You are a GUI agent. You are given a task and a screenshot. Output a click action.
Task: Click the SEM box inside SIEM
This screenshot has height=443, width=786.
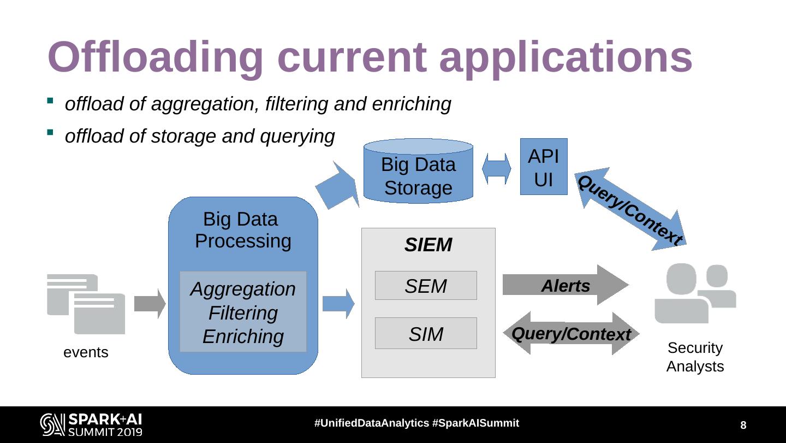pyautogui.click(x=426, y=286)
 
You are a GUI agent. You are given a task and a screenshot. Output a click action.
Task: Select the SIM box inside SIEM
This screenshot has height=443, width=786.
pyautogui.click(x=426, y=333)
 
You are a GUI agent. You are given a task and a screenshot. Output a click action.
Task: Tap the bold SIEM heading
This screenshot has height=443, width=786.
pyautogui.click(x=428, y=245)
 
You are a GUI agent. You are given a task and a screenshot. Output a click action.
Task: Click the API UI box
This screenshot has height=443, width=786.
pyautogui.click(x=544, y=167)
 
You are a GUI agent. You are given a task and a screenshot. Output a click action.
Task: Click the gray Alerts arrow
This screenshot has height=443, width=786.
pyautogui.click(x=565, y=285)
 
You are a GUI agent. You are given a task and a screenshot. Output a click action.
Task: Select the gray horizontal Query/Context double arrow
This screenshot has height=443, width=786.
pyautogui.click(x=571, y=333)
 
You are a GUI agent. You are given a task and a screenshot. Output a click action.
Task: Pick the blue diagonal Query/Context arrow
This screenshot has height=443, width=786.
pyautogui.click(x=630, y=210)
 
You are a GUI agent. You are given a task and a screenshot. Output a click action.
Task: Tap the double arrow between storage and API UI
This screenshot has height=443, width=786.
pyautogui.click(x=497, y=169)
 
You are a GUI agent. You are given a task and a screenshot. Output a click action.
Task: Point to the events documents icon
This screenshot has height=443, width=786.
pyautogui.click(x=86, y=304)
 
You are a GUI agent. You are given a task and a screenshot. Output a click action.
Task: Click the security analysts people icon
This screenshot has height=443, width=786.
pyautogui.click(x=695, y=293)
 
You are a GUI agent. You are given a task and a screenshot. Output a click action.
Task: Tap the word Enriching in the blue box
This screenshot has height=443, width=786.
pyautogui.click(x=243, y=336)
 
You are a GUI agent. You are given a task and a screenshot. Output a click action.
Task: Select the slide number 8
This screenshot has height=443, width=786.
pyautogui.click(x=743, y=426)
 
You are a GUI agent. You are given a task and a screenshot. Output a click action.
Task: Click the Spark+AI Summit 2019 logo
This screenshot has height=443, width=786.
pyautogui.click(x=91, y=425)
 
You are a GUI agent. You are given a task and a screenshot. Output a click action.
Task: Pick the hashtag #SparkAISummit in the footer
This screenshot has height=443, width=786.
pyautogui.click(x=475, y=423)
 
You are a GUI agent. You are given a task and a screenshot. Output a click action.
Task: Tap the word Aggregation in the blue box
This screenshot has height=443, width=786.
pyautogui.click(x=243, y=289)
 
